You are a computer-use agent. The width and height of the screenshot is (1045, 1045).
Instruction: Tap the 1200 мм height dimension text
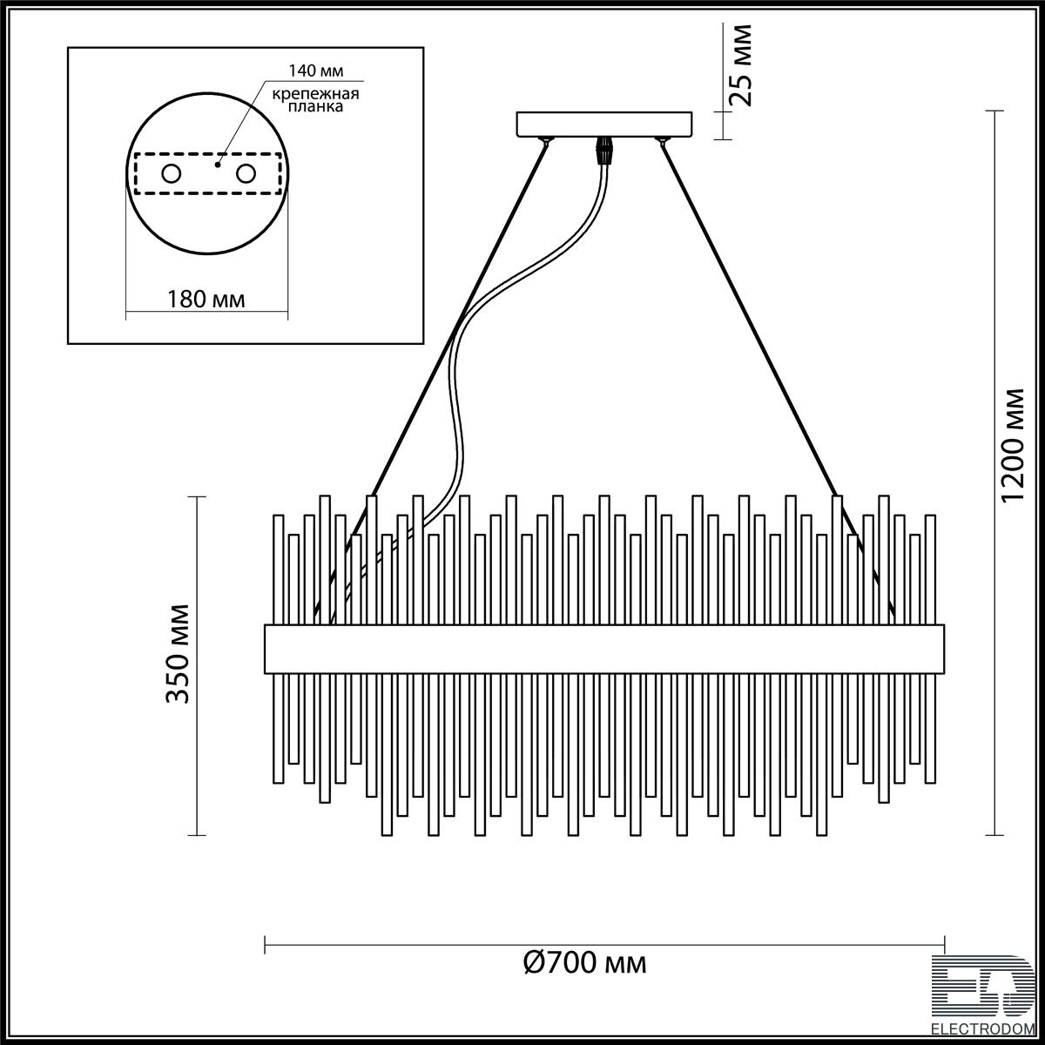coord(1013,447)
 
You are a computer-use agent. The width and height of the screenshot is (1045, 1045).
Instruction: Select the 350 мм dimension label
coord(178,654)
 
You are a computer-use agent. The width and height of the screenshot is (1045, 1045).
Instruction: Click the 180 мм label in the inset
coord(206,299)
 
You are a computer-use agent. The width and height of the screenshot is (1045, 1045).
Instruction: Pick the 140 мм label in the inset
coord(315,71)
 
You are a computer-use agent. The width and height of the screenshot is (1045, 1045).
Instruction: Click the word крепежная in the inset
coord(315,94)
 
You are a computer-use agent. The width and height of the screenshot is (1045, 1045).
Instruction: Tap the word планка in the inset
coord(315,106)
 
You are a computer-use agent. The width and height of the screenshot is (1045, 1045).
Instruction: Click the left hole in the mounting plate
coord(172,174)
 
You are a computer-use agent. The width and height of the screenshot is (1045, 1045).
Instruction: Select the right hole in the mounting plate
coord(246,174)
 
